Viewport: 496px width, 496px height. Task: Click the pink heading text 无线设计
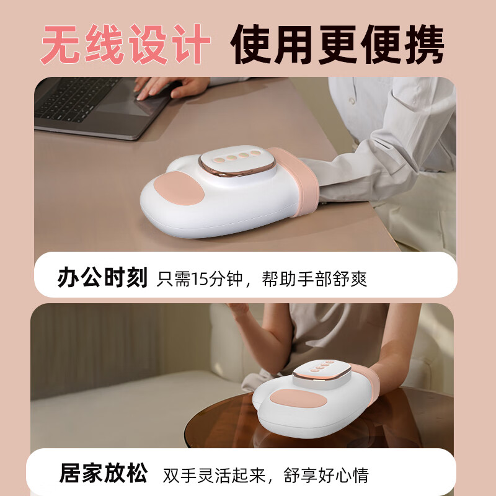click(x=126, y=44)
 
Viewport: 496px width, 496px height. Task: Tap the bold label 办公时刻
click(x=102, y=277)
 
